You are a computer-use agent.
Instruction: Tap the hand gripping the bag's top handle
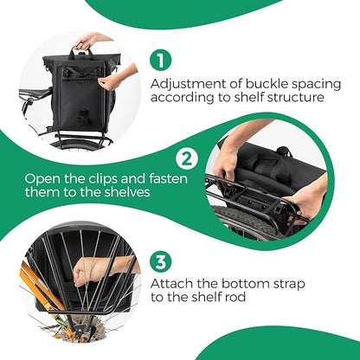coord(87,42)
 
